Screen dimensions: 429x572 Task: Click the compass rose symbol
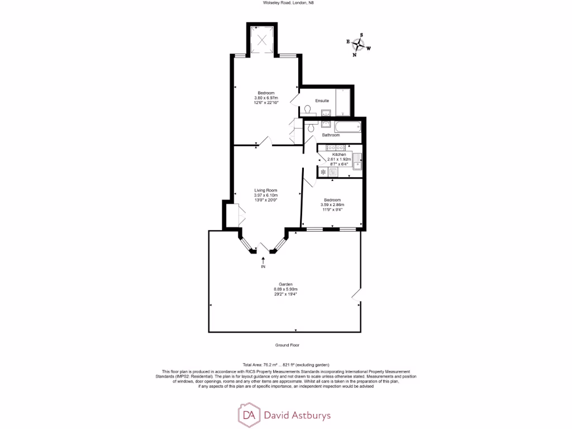click(359, 45)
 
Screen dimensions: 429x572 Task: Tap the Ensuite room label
click(321, 101)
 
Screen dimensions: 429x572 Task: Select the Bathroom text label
click(331, 135)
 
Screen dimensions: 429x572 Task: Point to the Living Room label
click(266, 190)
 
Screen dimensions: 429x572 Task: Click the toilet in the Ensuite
click(307, 110)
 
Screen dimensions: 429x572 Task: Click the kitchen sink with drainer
click(357, 162)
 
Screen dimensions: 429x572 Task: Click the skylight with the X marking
click(261, 39)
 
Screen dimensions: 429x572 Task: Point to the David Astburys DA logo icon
click(248, 414)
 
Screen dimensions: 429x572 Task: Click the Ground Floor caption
click(287, 345)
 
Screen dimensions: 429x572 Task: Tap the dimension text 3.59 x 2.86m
click(331, 204)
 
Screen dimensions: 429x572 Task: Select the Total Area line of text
click(286, 364)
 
